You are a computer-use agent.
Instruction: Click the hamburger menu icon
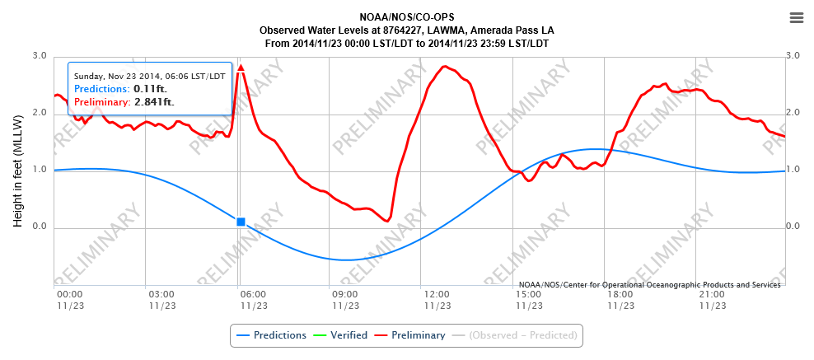(796, 18)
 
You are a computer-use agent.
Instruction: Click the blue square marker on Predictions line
(241, 222)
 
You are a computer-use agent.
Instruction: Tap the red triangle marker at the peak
(241, 68)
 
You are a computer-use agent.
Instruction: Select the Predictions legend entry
(272, 335)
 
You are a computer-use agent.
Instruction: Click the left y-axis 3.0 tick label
(40, 55)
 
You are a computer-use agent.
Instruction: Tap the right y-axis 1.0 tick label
(793, 170)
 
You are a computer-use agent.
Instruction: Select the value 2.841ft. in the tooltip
(155, 102)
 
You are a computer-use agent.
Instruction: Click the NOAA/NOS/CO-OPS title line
(407, 17)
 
